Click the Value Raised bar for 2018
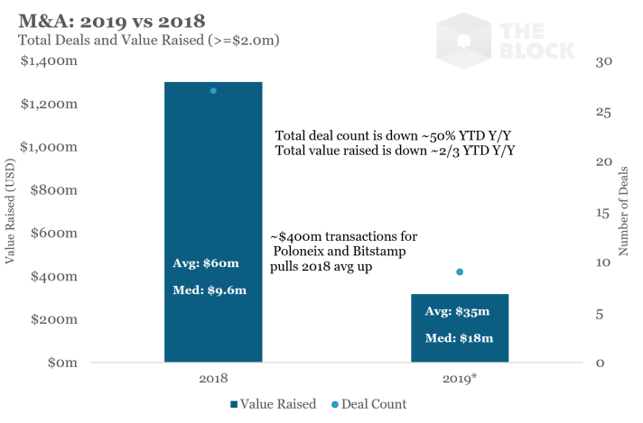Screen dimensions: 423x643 pyautogui.click(x=213, y=180)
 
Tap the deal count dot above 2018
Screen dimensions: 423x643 pyautogui.click(x=214, y=91)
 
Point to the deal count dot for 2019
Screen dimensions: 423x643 pyautogui.click(x=460, y=272)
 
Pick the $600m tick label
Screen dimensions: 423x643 pyautogui.click(x=52, y=233)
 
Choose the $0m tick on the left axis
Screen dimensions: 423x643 pyautogui.click(x=60, y=363)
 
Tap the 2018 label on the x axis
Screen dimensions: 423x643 pyautogui.click(x=214, y=380)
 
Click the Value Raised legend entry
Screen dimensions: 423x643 pyautogui.click(x=275, y=404)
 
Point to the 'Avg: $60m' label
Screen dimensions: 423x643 pyautogui.click(x=206, y=263)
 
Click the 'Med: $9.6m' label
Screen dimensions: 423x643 pyautogui.click(x=210, y=290)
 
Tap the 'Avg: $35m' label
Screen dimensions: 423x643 pyautogui.click(x=457, y=312)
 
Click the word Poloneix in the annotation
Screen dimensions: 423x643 pyautogui.click(x=306, y=252)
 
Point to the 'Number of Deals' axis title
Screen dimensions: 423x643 pyautogui.click(x=624, y=211)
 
